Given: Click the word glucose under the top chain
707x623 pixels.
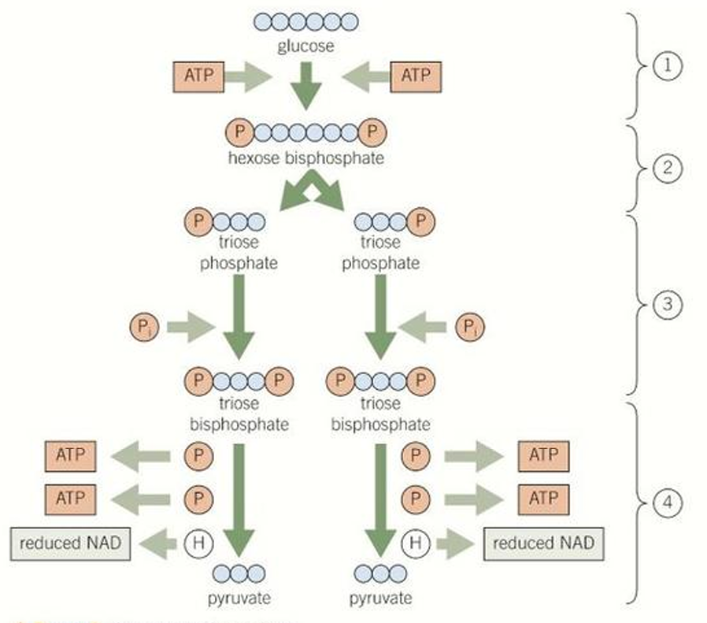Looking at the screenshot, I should click(x=305, y=46).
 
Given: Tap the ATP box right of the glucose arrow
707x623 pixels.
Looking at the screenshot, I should click(x=416, y=76).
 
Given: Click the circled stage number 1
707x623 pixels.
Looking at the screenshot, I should click(x=666, y=66).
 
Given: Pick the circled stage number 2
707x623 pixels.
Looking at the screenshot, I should click(x=666, y=168).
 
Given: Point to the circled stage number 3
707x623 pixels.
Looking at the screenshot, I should click(x=666, y=303).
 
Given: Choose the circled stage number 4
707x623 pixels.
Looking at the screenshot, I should click(x=666, y=501).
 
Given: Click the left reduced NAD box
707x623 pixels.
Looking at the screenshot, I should click(x=70, y=543).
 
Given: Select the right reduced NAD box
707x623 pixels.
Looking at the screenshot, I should click(x=542, y=543).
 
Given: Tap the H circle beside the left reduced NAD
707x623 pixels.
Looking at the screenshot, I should click(x=198, y=543).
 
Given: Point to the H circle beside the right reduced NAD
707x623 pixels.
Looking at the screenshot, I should click(x=414, y=543).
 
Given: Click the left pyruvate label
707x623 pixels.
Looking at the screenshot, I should click(x=239, y=599).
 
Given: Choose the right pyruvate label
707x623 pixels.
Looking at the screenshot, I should click(x=380, y=599).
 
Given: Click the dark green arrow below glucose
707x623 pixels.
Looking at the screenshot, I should click(x=306, y=88).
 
